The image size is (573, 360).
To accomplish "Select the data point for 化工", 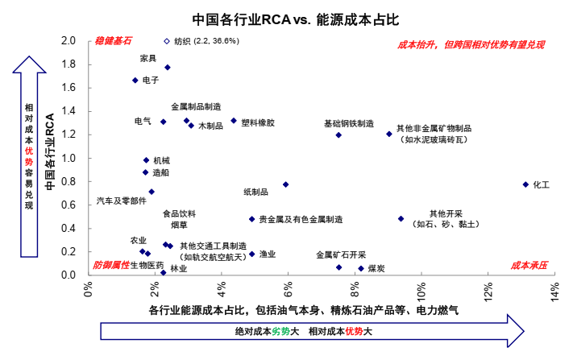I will tap(525, 184).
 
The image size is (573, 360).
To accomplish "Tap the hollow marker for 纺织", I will tap(167, 41).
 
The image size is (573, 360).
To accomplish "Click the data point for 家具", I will tap(168, 68).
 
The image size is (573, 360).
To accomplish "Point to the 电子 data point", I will tap(135, 81).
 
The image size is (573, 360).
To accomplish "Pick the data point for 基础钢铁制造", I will tap(338, 135).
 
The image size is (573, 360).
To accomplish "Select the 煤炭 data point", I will tap(361, 268).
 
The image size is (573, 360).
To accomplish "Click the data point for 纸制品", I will tap(285, 184).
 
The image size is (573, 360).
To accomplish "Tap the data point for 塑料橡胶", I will tap(234, 121).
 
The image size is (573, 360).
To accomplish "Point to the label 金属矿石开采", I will tap(341, 254).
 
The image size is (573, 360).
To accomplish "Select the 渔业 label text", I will tap(268, 254).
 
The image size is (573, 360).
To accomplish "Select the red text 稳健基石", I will tap(113, 40).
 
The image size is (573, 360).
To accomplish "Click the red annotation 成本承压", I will tap(529, 264).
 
